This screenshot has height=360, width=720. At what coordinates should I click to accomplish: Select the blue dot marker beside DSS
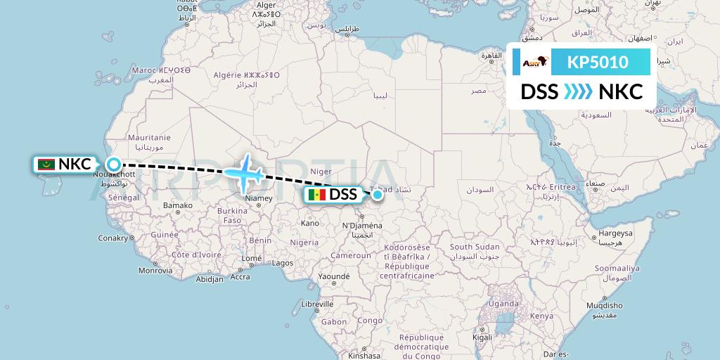[x=378, y=194]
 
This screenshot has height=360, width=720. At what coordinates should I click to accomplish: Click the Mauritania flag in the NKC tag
[x=47, y=165]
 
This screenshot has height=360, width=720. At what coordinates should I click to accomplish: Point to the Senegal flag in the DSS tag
[x=316, y=195]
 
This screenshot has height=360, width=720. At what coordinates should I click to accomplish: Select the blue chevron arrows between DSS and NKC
[x=578, y=92]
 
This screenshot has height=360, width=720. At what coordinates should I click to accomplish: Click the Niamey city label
[x=257, y=198]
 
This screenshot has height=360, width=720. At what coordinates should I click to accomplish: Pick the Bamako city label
[x=178, y=205]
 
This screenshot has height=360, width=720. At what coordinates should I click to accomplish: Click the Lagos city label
[x=283, y=263]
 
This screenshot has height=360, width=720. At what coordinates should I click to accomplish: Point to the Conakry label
[x=112, y=238]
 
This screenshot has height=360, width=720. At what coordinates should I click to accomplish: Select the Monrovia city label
[x=155, y=270]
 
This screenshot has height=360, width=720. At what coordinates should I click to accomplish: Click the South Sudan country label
[x=475, y=247]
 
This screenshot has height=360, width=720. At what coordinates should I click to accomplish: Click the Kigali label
[x=482, y=337]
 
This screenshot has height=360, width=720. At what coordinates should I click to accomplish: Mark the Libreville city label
[x=316, y=304]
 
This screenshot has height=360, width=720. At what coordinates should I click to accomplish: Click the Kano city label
[x=309, y=223]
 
